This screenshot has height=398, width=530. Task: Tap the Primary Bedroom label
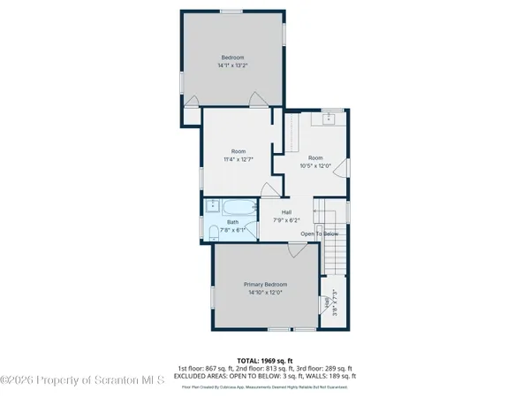(x=265, y=285)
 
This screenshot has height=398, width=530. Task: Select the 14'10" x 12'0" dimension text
(x=265, y=293)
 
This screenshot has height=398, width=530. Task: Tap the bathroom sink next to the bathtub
(x=212, y=206)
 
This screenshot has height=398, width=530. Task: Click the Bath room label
(x=232, y=222)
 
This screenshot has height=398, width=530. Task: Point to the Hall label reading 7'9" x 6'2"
(x=286, y=216)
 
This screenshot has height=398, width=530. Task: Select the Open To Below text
(x=319, y=233)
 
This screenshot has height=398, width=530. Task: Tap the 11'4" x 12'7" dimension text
(x=238, y=159)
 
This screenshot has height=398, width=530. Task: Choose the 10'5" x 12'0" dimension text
(x=315, y=165)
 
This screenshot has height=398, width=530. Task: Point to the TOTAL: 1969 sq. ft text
(x=264, y=360)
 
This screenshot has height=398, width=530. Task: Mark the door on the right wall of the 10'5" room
(x=345, y=167)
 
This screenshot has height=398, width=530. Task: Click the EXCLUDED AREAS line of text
(x=264, y=375)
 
